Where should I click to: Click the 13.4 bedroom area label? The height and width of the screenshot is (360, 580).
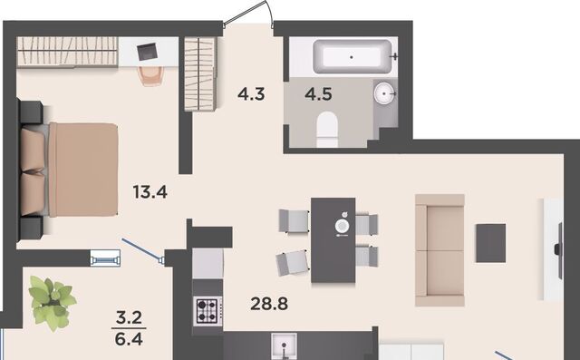point(150,192)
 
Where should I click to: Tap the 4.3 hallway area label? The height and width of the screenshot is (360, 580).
point(251,94)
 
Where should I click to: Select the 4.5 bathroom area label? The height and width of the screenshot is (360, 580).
point(318,94)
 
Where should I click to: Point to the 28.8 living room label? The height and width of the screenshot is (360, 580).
point(269,304)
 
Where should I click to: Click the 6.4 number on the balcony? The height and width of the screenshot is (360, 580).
point(129,339)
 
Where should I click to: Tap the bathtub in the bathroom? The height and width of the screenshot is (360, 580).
point(352,56)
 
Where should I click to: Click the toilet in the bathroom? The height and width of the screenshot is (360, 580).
point(327,130)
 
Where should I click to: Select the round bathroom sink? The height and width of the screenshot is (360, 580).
point(384,93)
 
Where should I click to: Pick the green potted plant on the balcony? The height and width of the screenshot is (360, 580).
point(52,303)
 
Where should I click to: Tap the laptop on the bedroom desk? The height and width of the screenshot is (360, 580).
point(147,52)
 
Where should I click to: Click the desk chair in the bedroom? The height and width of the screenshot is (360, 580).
point(151,76)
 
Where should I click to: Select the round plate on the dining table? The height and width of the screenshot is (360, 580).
point(342,225)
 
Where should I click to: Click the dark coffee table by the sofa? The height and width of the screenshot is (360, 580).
point(490,243)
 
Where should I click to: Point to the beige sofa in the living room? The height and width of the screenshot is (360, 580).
point(440,250)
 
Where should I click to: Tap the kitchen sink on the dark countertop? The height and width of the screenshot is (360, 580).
point(284,346)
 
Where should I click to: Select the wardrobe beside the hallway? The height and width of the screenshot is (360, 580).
point(200,74)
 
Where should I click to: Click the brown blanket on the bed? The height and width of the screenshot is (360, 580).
point(83,170)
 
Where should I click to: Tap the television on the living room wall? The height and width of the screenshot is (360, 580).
point(559,250)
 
